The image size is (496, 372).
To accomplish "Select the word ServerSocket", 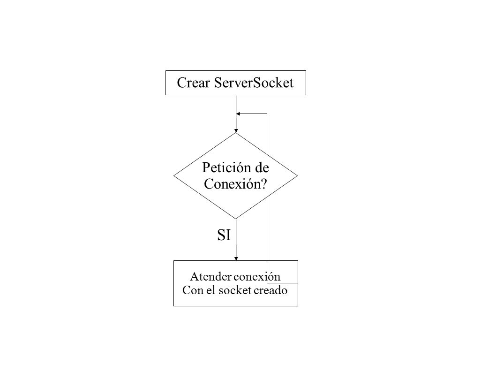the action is click(x=254, y=83).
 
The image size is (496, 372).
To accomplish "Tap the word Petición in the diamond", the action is click(x=226, y=168).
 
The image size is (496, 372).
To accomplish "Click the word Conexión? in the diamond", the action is click(x=235, y=183).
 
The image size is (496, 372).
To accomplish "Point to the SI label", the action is click(x=224, y=235).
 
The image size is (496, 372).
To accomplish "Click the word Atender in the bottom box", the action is click(x=211, y=277).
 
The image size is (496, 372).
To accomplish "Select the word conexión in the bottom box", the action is click(x=257, y=277).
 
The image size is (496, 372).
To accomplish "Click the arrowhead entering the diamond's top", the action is click(x=236, y=131).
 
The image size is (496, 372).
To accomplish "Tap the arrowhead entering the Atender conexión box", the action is click(x=236, y=258).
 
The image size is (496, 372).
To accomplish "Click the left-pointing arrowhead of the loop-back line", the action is click(x=238, y=114).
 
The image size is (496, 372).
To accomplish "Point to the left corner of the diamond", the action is click(x=173, y=176).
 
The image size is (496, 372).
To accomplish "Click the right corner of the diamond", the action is click(x=297, y=176).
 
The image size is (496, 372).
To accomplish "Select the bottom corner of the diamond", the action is click(x=236, y=219).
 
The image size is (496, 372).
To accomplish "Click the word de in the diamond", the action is click(x=262, y=167).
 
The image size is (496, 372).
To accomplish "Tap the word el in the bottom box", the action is click(x=211, y=290).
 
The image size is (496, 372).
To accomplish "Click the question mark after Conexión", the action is click(x=264, y=183).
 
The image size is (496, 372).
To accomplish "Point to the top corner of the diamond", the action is click(x=236, y=133).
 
